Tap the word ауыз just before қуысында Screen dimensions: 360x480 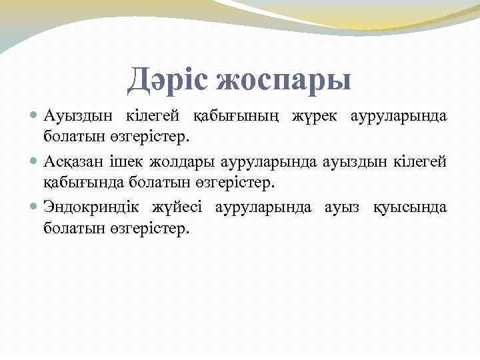point(342,207)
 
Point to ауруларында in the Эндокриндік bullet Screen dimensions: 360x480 point(263,207)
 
